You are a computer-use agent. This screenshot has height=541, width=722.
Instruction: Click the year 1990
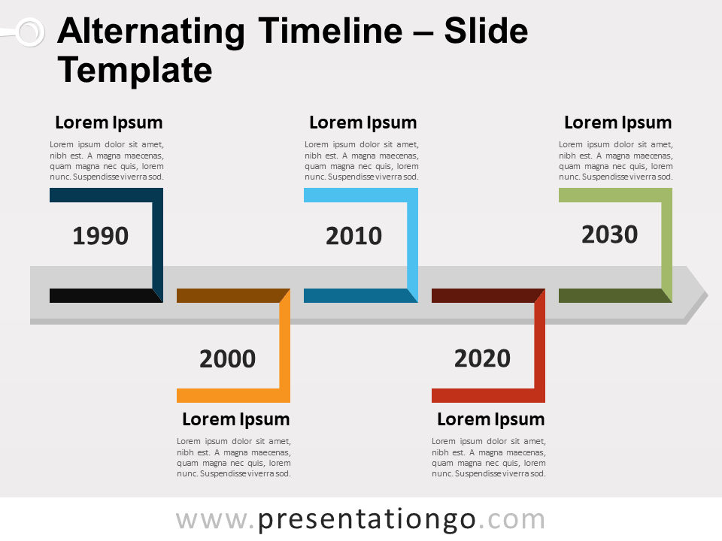pos(101,236)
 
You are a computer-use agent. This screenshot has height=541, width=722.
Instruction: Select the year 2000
pos(227,359)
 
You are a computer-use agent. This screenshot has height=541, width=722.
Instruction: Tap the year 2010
pos(353,236)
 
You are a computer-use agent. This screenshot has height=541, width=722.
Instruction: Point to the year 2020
pos(482,358)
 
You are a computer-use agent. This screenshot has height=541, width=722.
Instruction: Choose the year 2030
pos(609,235)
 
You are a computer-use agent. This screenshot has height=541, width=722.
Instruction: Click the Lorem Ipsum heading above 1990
pos(109,122)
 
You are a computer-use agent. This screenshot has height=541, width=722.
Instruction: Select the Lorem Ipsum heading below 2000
pos(235,419)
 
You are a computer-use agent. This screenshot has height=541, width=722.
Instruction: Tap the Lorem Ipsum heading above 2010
pos(363,122)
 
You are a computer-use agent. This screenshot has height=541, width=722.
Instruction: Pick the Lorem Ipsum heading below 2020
pos(490,419)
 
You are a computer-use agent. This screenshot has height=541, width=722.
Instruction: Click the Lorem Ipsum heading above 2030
pos(617,122)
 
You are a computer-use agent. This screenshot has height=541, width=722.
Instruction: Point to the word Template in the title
pos(135,70)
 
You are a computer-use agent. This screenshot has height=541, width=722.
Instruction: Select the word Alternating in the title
pos(150,32)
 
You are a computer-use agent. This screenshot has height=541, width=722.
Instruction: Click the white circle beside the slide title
pos(29,32)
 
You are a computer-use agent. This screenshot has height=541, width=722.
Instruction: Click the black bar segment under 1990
pos(102,295)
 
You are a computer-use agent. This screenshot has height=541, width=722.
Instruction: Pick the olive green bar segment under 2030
pos(610,295)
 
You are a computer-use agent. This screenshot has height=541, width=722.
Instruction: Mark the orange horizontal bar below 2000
pos(229,395)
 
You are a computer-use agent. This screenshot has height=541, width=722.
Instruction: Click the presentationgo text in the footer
pos(367,519)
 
